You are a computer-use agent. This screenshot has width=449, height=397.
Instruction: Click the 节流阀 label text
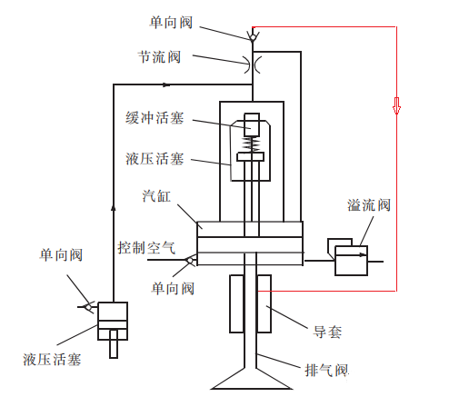point(159,57)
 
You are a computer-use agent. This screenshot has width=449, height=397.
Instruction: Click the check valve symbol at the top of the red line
point(253,35)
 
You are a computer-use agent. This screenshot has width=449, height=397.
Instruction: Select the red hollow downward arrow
point(396,105)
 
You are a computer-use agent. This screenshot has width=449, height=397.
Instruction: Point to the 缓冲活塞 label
point(155,118)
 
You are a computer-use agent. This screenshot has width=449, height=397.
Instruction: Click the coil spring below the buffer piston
point(252,144)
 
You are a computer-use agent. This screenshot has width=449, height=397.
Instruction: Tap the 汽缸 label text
point(156,196)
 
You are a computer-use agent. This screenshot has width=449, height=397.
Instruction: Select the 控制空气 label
point(146,248)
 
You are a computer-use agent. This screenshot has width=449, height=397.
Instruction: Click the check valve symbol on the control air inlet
point(191,260)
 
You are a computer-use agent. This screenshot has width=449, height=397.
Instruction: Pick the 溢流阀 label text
point(369,205)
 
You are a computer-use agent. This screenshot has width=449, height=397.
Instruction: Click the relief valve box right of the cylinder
point(351,261)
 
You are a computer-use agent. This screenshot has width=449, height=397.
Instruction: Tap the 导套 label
point(327,332)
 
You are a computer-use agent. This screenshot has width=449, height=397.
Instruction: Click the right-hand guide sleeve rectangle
point(264,303)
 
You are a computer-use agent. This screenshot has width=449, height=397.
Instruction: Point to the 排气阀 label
point(326,370)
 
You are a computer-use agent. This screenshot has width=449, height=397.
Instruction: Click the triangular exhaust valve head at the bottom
point(251,379)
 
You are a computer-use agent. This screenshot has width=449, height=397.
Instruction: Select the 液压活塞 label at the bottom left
point(52,360)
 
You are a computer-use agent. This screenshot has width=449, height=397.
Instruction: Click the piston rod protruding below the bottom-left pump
point(114,343)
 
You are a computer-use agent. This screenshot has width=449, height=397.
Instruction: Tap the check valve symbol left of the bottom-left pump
point(89,307)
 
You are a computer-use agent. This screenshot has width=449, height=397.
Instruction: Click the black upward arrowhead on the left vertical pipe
point(114,208)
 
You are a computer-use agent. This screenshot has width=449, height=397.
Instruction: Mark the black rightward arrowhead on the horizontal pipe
point(166,84)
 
